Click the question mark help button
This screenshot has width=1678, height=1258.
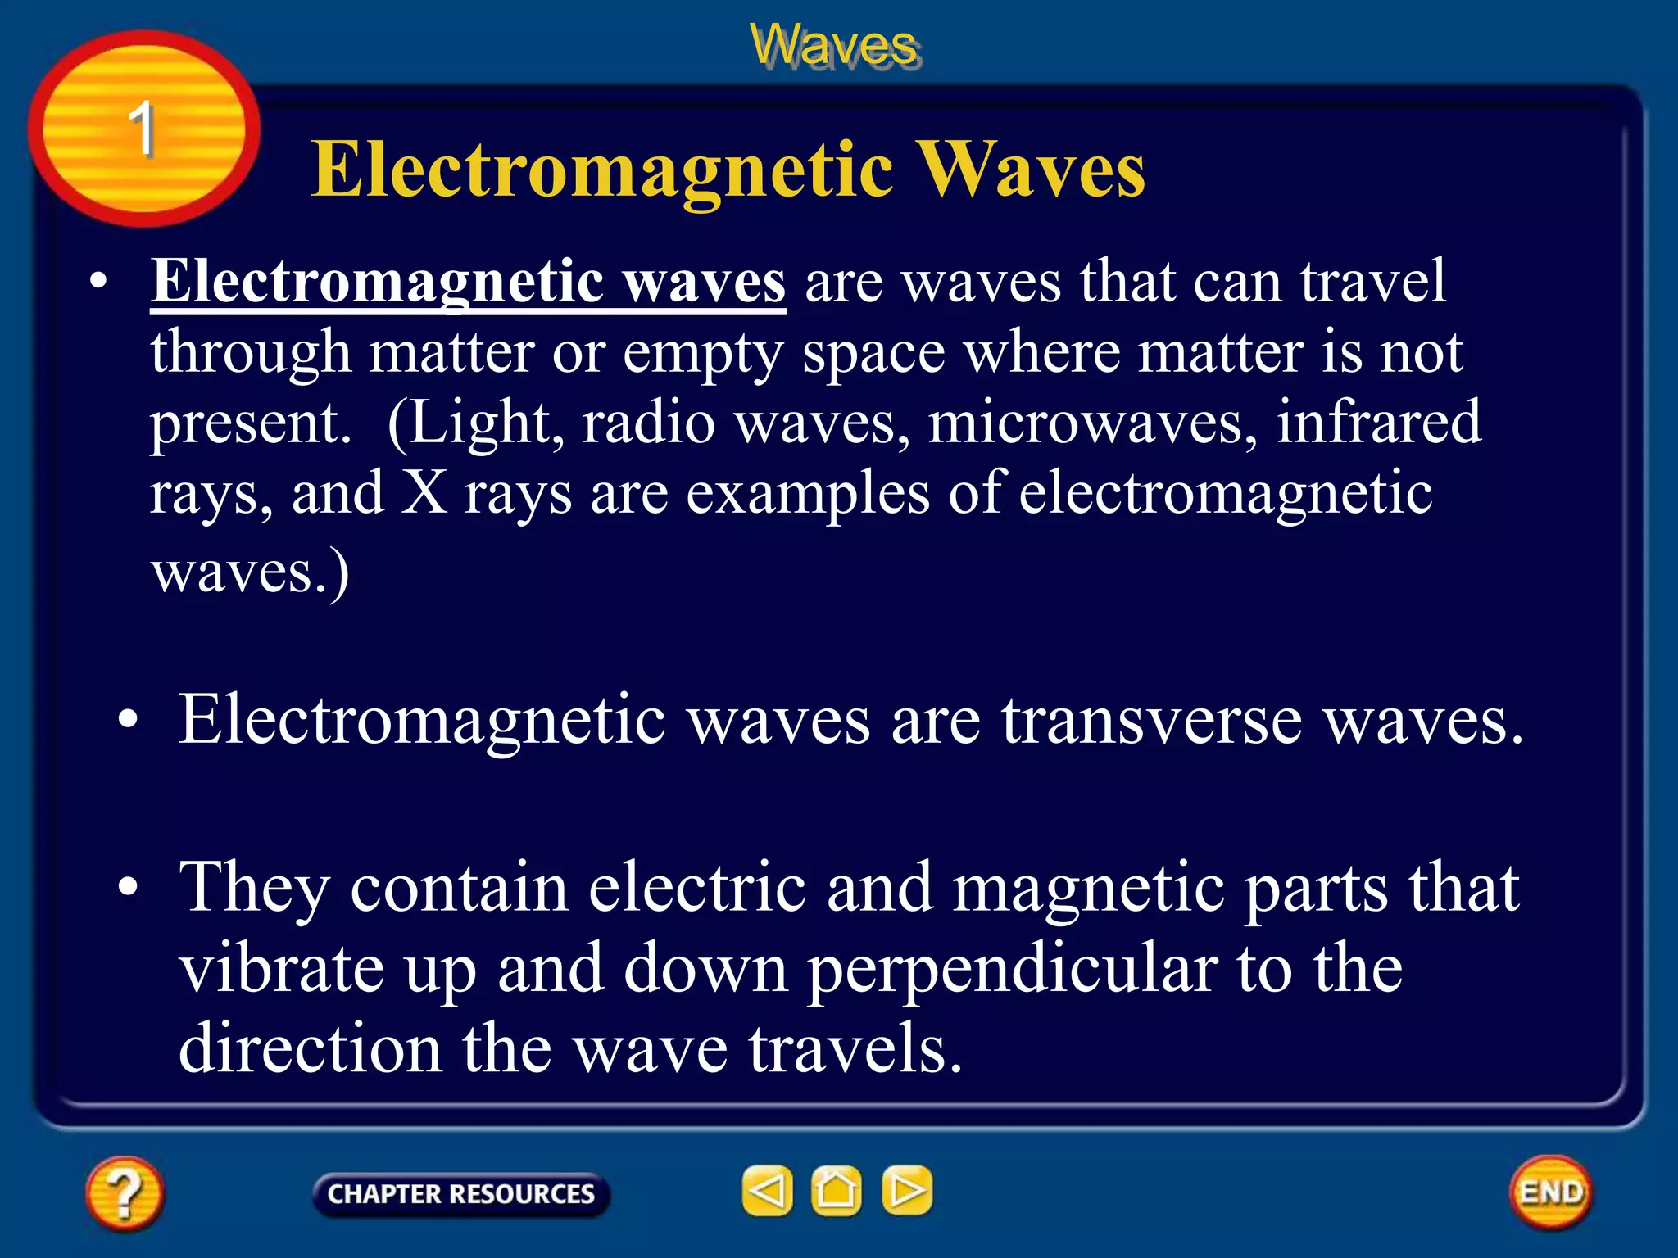point(125,1192)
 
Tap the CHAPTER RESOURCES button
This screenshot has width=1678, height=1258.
point(460,1194)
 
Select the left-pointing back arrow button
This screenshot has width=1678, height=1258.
point(767,1191)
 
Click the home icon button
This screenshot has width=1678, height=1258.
point(836,1191)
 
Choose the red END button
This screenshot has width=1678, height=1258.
point(1550,1192)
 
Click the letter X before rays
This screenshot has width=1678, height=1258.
point(424,493)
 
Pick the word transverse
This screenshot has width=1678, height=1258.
point(1151,720)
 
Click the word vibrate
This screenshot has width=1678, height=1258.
point(281,969)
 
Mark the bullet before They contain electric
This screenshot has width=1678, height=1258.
point(128,887)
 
